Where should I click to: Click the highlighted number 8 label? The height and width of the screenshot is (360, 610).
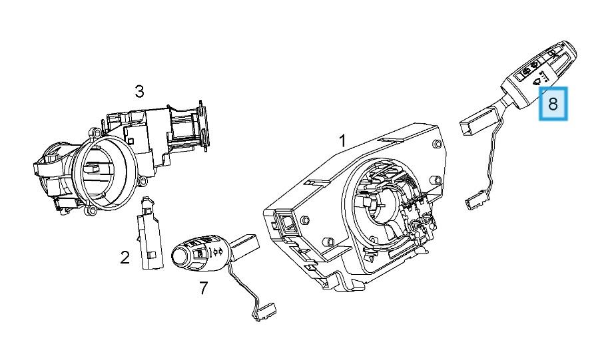point(553,103)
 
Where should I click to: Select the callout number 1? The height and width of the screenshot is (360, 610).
point(342,140)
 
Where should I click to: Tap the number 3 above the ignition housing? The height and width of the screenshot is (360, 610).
point(139,92)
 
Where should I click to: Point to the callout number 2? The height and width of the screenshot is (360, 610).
point(125,258)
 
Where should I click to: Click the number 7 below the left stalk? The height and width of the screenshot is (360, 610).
point(204,288)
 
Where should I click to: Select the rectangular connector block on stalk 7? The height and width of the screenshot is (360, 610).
point(246,244)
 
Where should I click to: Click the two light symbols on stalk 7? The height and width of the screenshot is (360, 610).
point(217,252)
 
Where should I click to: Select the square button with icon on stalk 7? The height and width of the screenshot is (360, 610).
point(200,253)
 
